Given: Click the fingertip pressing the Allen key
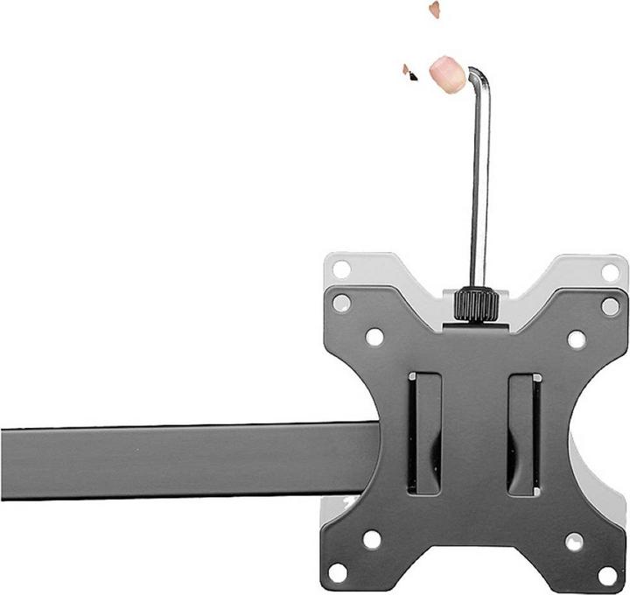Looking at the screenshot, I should [448, 73].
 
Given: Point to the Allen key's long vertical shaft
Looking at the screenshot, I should [479, 184].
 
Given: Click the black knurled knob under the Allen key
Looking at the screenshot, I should [476, 304].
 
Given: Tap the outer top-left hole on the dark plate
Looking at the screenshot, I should [341, 303].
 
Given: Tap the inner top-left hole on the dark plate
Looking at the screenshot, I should [374, 336].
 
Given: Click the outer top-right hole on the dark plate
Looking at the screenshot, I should [610, 305].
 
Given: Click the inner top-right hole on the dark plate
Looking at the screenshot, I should [576, 338].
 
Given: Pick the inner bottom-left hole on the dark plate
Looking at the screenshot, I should [373, 539].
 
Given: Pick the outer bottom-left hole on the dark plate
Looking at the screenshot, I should [339, 573].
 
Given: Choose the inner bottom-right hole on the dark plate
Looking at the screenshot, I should [573, 542].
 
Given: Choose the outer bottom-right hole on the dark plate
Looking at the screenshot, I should [607, 575].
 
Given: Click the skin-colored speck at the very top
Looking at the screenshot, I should [433, 9].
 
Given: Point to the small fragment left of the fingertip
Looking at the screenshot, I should [409, 73].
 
